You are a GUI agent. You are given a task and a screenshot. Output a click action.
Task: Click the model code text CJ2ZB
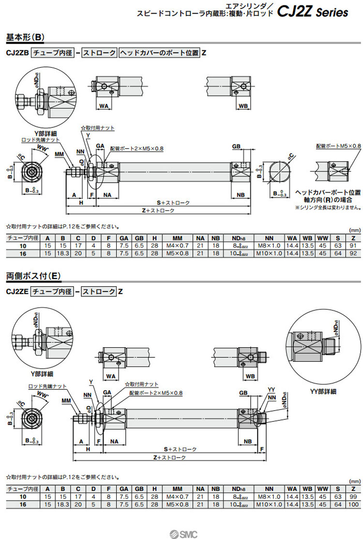pyautogui.click(x=17, y=53)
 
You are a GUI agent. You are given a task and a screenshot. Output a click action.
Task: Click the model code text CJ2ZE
pyautogui.click(x=17, y=292)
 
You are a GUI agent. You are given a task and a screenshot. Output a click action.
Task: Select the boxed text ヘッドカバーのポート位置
pyautogui.click(x=159, y=53)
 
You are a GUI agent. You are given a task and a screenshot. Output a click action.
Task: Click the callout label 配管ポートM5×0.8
pyautogui.click(x=338, y=145)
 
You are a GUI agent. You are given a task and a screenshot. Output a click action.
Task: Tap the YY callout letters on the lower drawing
pyautogui.click(x=271, y=390)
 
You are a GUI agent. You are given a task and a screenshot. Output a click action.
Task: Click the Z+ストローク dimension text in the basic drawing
pyautogui.click(x=159, y=211)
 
